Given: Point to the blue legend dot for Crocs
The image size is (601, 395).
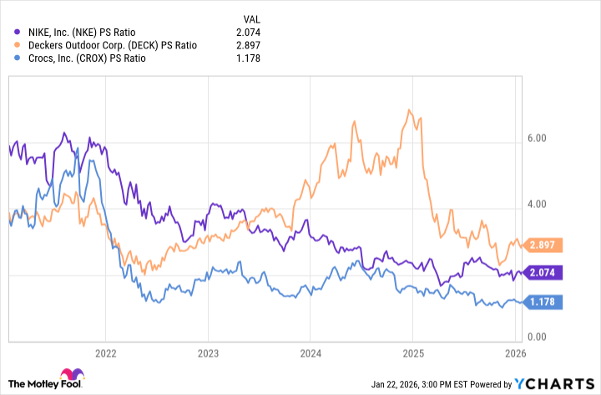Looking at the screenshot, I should pos(10,58).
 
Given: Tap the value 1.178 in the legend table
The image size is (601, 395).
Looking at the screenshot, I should pos(251,58).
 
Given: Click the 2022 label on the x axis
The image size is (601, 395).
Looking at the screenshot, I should pos(106,352).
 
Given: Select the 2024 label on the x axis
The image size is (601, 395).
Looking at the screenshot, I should pos(310,352).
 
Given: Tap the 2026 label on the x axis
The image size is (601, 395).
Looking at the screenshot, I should pos(514,352).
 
